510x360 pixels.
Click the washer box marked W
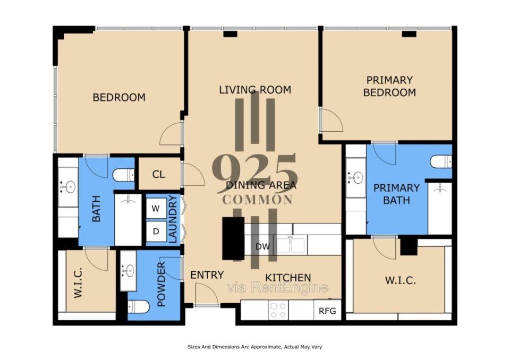click(156, 209)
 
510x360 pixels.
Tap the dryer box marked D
click(156, 231)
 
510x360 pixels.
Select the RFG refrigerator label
click(327, 311)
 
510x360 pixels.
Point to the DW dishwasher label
click(262, 246)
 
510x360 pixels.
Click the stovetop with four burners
click(278, 310)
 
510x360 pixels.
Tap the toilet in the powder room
click(139, 306)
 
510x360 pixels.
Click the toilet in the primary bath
click(441, 161)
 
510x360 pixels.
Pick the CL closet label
click(158, 174)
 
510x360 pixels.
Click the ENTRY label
click(207, 275)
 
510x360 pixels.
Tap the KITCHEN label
click(288, 278)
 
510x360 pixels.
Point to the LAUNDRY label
click(173, 219)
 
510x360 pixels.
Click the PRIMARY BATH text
click(396, 194)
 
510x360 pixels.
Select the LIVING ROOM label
click(255, 90)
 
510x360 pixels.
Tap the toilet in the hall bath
click(123, 175)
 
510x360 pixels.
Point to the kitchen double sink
click(291, 245)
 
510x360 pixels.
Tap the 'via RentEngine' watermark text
click(278, 287)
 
